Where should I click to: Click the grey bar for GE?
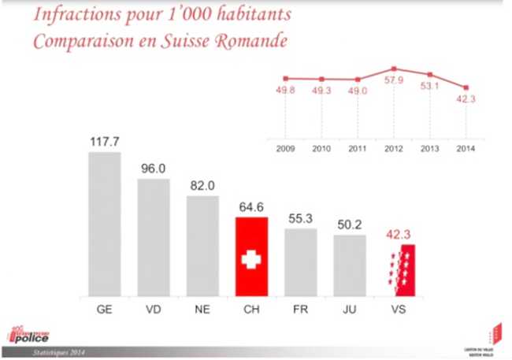(x=104, y=225)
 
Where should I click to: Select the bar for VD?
(x=154, y=238)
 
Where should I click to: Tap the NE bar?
(x=202, y=247)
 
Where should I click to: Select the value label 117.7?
(x=104, y=142)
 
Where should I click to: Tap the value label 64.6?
(x=252, y=207)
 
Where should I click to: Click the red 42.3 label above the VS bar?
(x=399, y=234)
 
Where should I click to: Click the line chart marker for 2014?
(x=466, y=87)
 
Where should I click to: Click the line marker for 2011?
(x=358, y=80)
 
